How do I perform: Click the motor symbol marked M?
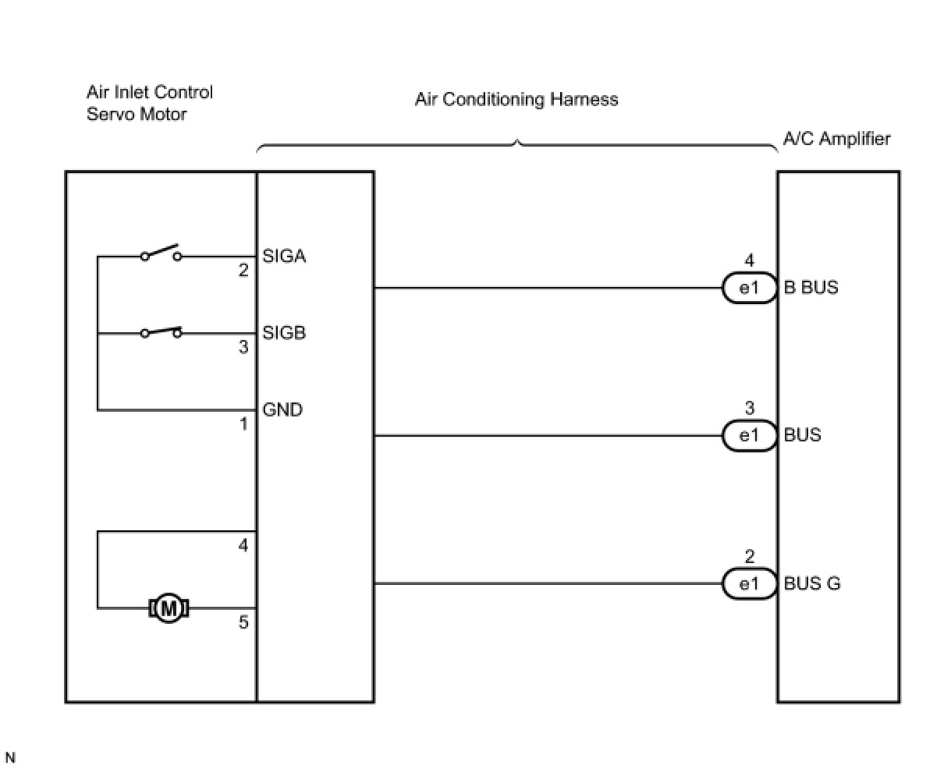click(x=169, y=608)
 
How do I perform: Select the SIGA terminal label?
click(x=284, y=256)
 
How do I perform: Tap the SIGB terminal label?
click(x=284, y=333)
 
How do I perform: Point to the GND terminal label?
click(x=282, y=409)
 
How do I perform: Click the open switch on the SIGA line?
click(x=161, y=252)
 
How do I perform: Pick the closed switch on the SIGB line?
click(x=161, y=331)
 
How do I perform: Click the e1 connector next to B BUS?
click(x=750, y=288)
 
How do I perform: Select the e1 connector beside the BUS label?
click(x=750, y=435)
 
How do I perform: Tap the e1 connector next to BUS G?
click(x=750, y=583)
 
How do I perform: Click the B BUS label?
click(x=811, y=288)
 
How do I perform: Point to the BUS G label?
click(x=812, y=583)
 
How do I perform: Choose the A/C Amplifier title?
click(x=837, y=139)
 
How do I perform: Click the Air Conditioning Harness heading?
click(x=516, y=99)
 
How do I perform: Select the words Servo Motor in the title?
click(x=137, y=114)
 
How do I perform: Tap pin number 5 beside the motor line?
click(x=243, y=622)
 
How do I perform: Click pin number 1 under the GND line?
click(x=243, y=424)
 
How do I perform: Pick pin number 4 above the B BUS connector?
click(x=750, y=260)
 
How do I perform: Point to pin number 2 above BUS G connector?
click(x=750, y=556)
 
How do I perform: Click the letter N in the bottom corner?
click(x=10, y=757)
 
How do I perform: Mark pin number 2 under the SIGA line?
click(x=243, y=270)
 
